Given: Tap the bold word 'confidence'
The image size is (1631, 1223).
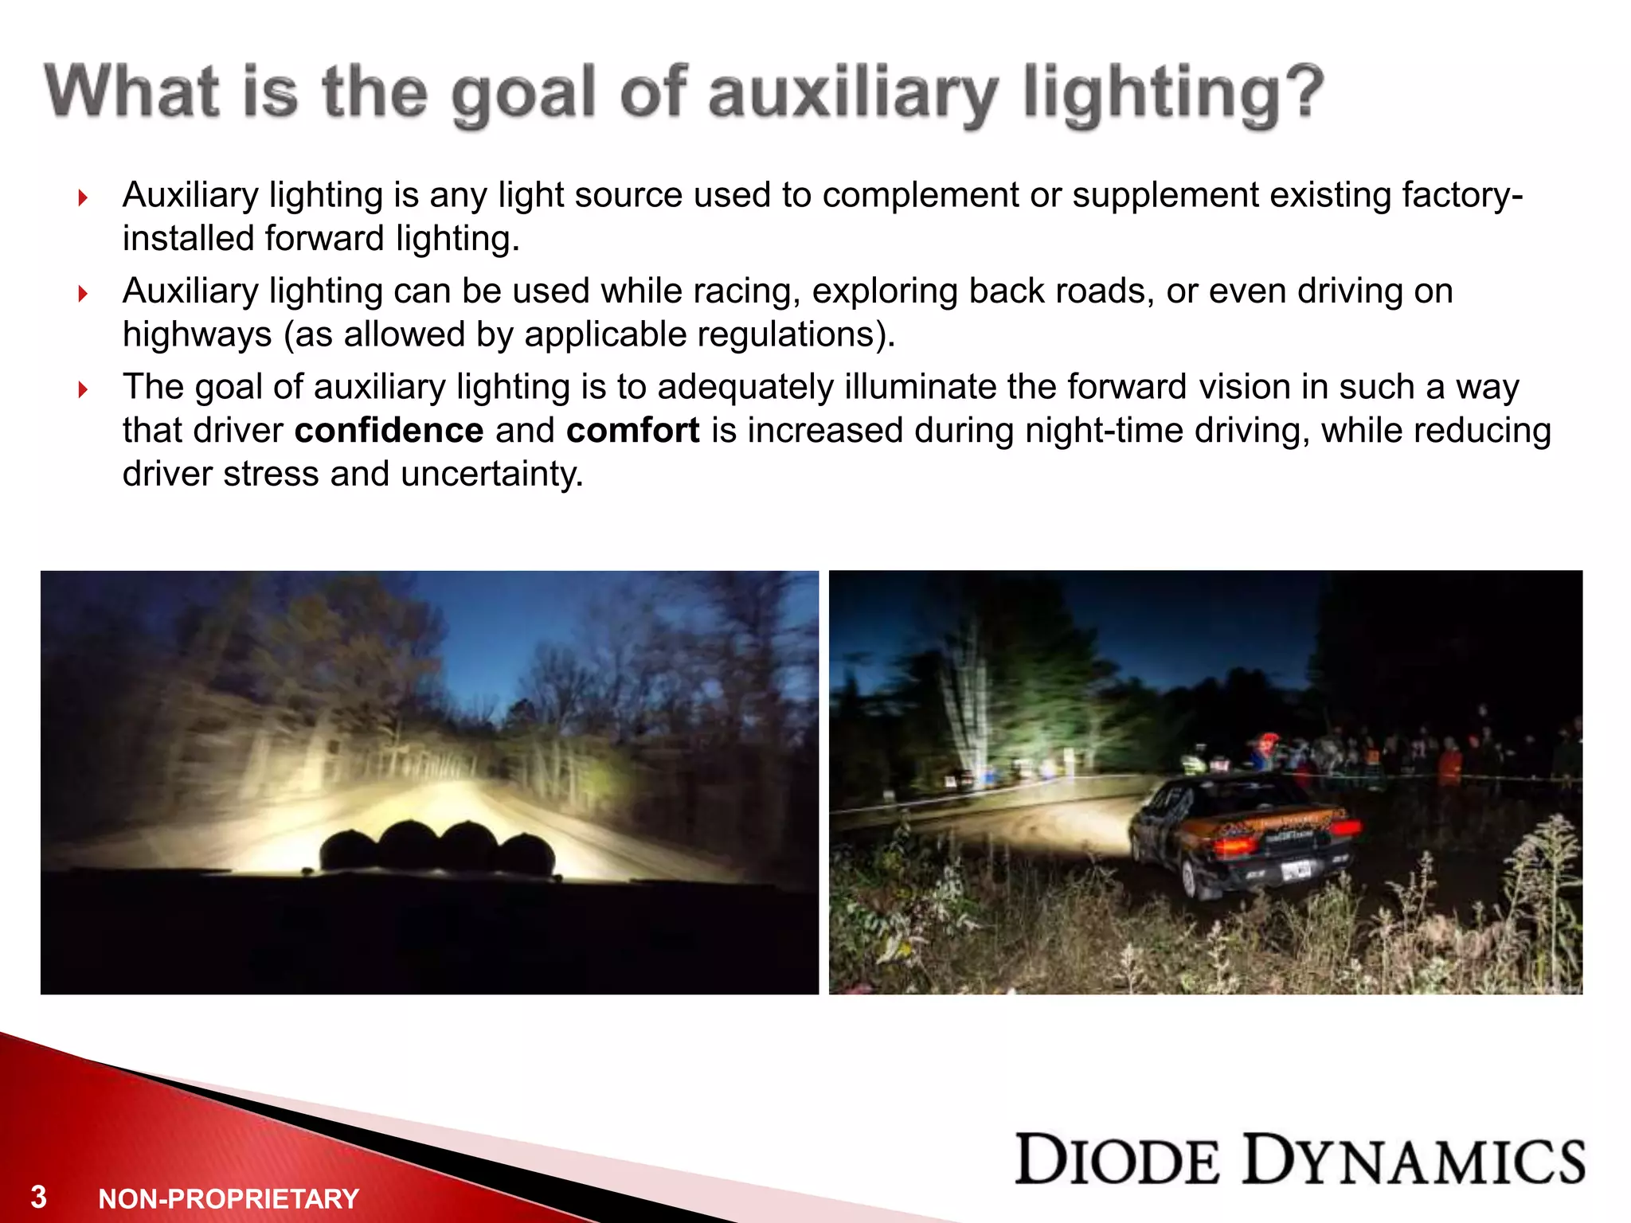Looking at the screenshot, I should click(x=389, y=431).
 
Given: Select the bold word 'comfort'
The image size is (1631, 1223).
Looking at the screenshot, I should click(x=633, y=431).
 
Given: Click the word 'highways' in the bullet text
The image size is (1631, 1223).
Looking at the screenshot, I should click(x=197, y=334).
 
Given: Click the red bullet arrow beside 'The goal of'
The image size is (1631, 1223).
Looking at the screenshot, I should click(x=83, y=389).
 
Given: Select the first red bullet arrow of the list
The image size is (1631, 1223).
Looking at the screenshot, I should click(x=83, y=197).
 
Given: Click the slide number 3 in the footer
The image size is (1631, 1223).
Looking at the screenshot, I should click(x=38, y=1198).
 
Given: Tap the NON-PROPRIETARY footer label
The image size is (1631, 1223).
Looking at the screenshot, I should click(x=229, y=1199).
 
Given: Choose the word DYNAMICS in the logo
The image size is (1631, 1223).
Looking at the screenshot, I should click(x=1414, y=1160).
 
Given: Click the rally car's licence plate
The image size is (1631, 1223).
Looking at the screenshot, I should click(x=1297, y=872).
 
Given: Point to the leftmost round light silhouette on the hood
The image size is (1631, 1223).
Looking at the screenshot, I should click(x=348, y=850).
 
